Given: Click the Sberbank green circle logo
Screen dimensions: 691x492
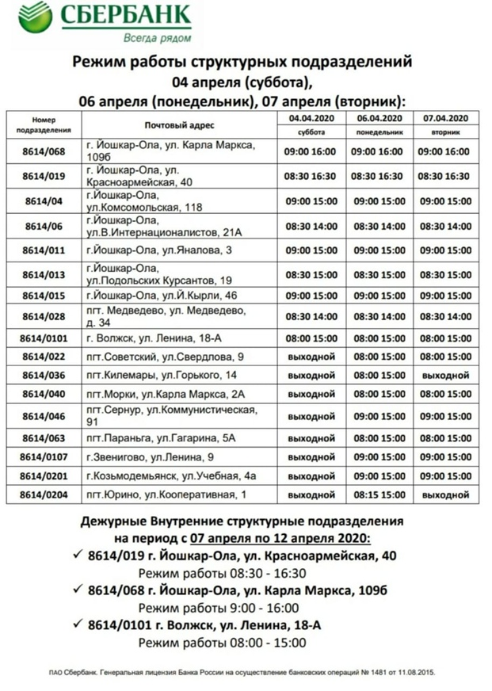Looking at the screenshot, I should coord(35,17).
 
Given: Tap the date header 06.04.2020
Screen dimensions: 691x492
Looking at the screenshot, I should coord(376,118).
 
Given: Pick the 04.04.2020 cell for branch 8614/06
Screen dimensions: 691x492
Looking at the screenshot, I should coord(310,226).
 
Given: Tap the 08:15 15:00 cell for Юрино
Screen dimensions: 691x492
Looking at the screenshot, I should coord(376,494).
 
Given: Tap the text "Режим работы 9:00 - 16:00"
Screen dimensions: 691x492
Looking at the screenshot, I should coord(219,608).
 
